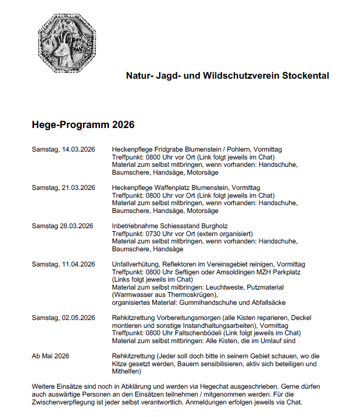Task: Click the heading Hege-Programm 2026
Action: pyautogui.click(x=83, y=125)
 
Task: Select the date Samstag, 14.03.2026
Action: pyautogui.click(x=63, y=150)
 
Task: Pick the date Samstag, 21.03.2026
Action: pyautogui.click(x=63, y=188)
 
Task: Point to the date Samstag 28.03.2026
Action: pyautogui.click(x=62, y=226)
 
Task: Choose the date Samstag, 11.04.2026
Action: pyautogui.click(x=63, y=264)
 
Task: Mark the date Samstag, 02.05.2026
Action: pyautogui.click(x=63, y=318)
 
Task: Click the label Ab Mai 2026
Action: pyautogui.click(x=50, y=356)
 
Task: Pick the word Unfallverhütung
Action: pyautogui.click(x=135, y=264)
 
